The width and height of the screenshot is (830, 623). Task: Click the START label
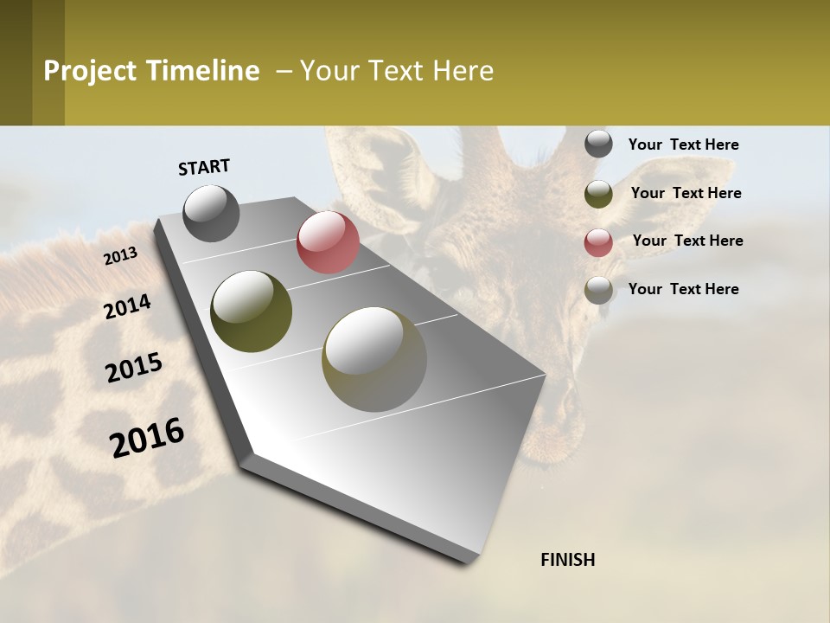pos(204,167)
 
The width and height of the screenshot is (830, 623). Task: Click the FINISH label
pos(567,560)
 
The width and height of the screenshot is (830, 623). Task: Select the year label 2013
pos(120,256)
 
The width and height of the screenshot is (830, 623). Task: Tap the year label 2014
pos(127,307)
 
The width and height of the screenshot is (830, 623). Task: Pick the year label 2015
pos(134,368)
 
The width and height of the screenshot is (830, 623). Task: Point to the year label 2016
pos(147,438)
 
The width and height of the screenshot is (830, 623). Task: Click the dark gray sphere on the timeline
pos(211,213)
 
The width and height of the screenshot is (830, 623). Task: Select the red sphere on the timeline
pos(328,242)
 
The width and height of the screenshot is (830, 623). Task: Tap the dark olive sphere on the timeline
pos(251,311)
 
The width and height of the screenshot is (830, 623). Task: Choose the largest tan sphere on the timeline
pos(374,358)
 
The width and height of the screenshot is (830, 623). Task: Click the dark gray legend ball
pos(598,145)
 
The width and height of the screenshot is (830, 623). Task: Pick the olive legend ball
pos(598,194)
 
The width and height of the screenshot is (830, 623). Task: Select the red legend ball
pos(598,242)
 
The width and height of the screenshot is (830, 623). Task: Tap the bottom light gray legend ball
pos(598,290)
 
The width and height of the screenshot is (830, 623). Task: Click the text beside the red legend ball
pos(687,241)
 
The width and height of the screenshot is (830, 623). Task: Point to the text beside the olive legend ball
pos(686,193)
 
